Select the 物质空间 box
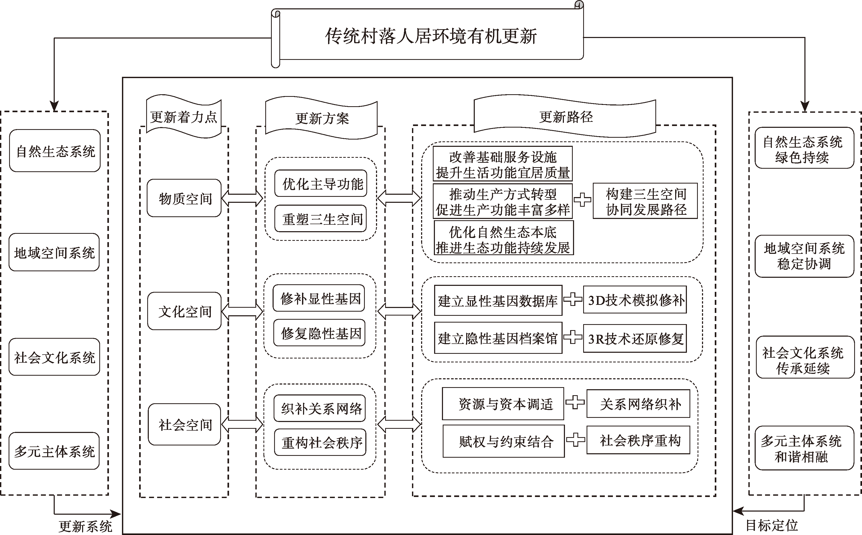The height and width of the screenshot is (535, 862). click(184, 198)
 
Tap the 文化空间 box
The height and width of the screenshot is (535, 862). click(184, 311)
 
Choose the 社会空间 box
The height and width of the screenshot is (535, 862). click(184, 424)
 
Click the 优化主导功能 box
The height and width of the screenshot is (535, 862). click(321, 184)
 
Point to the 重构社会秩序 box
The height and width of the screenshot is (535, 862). click(320, 442)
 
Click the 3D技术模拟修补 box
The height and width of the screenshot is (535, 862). click(635, 300)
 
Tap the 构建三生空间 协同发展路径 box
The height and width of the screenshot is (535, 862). click(645, 201)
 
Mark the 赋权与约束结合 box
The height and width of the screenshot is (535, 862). click(504, 441)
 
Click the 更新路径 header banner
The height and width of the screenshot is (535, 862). click(565, 117)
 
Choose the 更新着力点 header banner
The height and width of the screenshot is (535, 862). click(183, 117)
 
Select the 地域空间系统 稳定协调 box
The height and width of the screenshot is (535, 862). click(804, 256)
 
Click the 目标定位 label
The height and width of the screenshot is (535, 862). click(772, 525)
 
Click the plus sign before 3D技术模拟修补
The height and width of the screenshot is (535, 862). click(573, 300)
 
